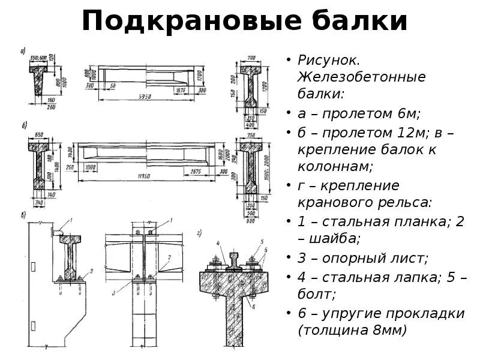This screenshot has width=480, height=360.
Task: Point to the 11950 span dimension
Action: pyautogui.click(x=143, y=176)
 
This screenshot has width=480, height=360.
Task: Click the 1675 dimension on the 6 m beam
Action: pyautogui.click(x=181, y=91)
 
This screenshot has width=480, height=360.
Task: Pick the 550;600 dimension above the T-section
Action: pyautogui.click(x=38, y=58)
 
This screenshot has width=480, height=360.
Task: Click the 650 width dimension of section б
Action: pyautogui.click(x=39, y=134)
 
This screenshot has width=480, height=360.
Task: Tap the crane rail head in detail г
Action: pyautogui.click(x=233, y=253)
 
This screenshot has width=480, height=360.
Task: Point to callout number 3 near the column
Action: pyautogui.click(x=113, y=293)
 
